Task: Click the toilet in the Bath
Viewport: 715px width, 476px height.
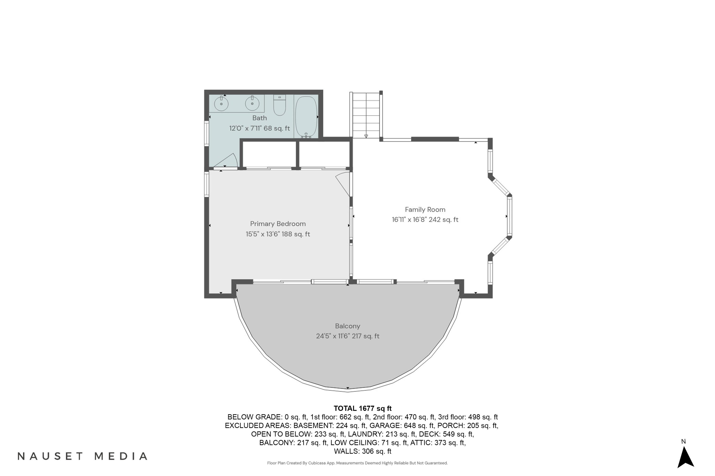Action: pyautogui.click(x=279, y=105)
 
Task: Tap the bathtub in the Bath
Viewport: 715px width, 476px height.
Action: pyautogui.click(x=306, y=117)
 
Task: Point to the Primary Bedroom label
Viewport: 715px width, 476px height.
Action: pyautogui.click(x=278, y=224)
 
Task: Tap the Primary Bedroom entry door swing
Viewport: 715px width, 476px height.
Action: pyautogui.click(x=343, y=184)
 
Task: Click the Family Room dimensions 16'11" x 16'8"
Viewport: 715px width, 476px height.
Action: pyautogui.click(x=409, y=219)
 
